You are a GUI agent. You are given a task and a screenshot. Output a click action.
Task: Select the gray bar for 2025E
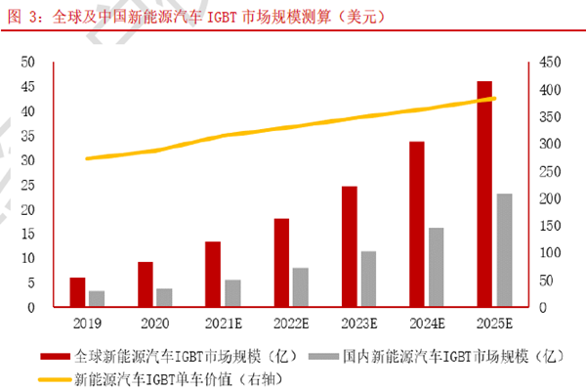pyautogui.click(x=504, y=251)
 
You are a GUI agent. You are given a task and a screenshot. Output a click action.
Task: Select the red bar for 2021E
pyautogui.click(x=213, y=275)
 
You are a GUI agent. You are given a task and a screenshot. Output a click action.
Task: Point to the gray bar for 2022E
pyautogui.click(x=300, y=287)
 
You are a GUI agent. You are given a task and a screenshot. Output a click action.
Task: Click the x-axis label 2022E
pyautogui.click(x=291, y=322)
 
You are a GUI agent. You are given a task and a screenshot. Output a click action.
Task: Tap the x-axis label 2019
pyautogui.click(x=87, y=322)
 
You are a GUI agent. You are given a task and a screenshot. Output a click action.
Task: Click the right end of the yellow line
pyautogui.click(x=495, y=98)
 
